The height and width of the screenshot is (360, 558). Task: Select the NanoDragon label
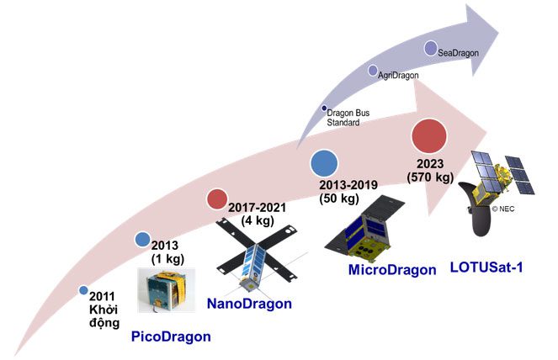coord(249,304)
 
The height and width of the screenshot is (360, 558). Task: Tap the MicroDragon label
coord(392,270)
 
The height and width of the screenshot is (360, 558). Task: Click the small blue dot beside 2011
coord(83,290)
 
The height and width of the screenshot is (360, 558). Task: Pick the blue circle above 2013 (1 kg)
coord(143,240)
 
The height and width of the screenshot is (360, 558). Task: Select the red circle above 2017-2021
coord(217,199)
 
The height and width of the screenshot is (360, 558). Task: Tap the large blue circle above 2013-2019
coord(324,161)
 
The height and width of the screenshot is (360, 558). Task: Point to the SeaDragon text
coord(459,53)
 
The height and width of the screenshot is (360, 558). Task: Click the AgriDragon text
coord(399,76)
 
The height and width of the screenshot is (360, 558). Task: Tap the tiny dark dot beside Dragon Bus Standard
coord(325,108)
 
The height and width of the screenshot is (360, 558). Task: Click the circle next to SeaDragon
coord(431,48)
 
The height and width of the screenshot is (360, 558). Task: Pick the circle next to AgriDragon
coord(372,71)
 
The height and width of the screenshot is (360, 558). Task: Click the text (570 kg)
coord(429,177)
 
